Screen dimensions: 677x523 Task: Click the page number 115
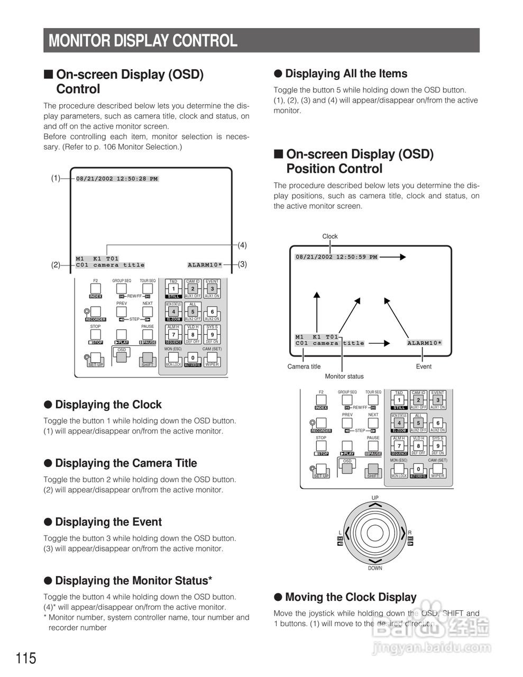tap(26, 658)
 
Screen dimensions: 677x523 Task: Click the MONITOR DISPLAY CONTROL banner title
tap(143, 41)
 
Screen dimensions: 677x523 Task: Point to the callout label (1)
tap(56, 178)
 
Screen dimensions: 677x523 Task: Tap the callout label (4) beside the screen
tap(242, 245)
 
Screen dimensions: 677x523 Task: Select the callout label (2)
tap(56, 265)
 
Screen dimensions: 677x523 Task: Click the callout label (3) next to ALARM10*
tap(242, 264)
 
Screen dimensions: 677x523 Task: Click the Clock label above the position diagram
tap(330, 236)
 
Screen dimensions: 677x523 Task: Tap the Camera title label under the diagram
tap(304, 367)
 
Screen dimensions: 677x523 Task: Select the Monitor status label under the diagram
tap(344, 377)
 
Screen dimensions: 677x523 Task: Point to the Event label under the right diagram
tap(424, 367)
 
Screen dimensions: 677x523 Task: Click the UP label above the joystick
tap(375, 498)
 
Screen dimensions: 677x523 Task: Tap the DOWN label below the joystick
tap(375, 569)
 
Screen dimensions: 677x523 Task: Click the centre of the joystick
tap(375, 532)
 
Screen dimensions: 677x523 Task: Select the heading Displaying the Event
tap(108, 522)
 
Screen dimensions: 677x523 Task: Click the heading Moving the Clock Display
tap(351, 597)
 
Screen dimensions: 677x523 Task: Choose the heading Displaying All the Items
tap(346, 74)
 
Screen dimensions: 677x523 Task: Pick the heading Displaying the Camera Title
tap(125, 463)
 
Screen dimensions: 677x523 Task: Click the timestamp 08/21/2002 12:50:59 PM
tap(336, 257)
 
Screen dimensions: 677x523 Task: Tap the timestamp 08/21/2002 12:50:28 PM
tap(117, 179)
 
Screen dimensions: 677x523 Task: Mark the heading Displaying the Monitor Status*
tap(133, 581)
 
